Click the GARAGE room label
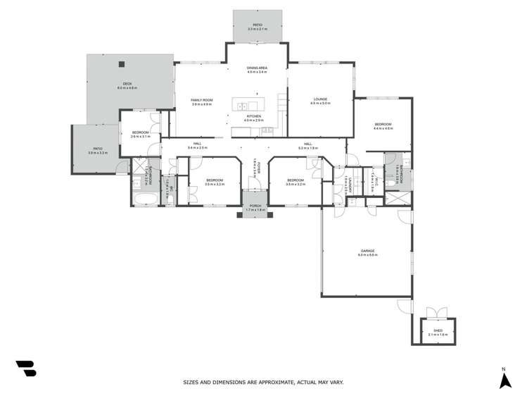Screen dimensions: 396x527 (367, 251)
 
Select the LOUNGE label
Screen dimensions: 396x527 (320, 99)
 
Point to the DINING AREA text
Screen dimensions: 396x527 (257, 68)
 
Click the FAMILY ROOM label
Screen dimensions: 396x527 (201, 100)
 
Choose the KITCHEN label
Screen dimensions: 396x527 (253, 116)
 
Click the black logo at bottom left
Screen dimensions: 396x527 (25, 368)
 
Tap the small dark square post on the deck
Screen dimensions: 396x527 (122, 64)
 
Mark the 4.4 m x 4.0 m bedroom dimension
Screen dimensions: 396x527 (382, 128)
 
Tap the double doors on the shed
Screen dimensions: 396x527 (437, 312)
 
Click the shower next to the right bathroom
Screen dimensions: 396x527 (398, 197)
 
